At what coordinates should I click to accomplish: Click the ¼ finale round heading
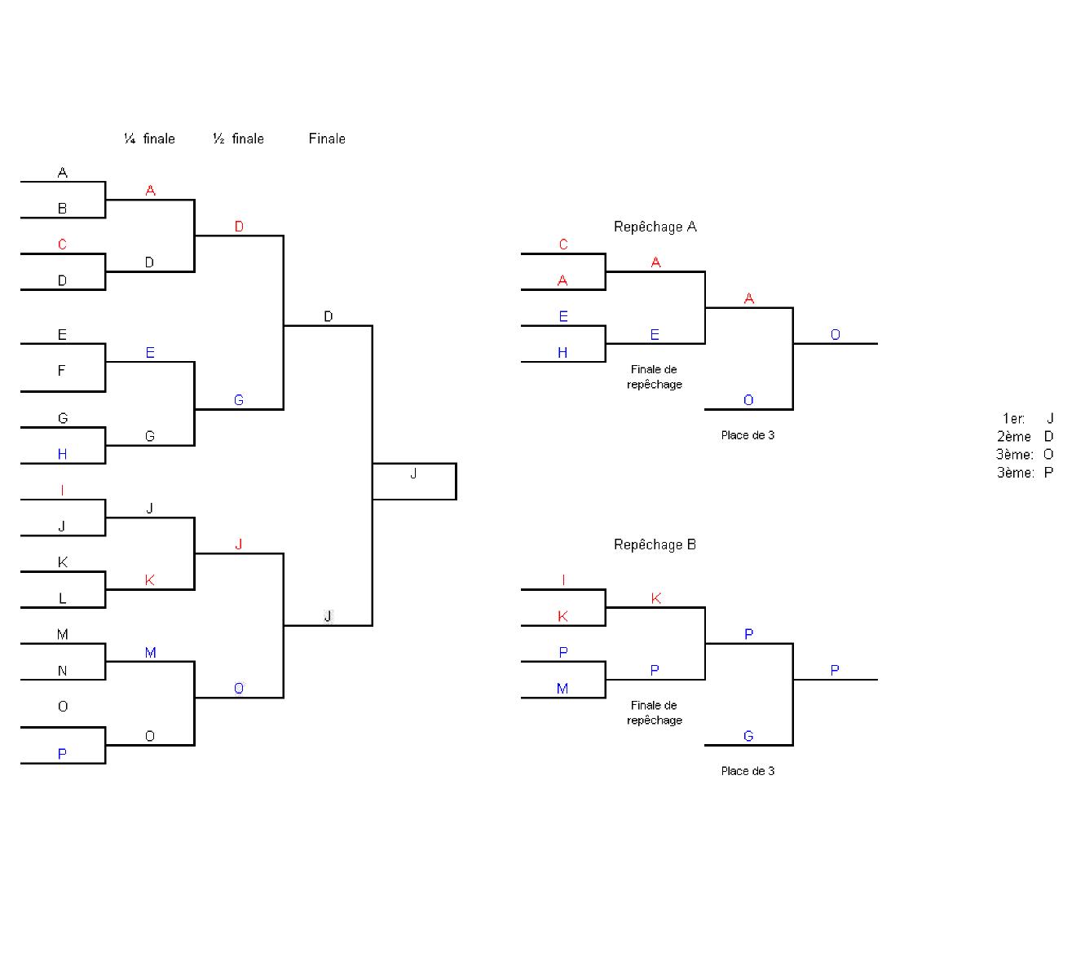149,139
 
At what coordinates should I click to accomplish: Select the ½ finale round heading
238,139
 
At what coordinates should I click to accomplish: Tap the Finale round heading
327,139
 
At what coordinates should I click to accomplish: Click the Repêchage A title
655,227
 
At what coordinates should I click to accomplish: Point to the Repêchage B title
655,544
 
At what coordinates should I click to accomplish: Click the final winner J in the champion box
413,474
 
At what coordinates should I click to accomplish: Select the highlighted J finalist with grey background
328,616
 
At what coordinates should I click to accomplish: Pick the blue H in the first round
62,454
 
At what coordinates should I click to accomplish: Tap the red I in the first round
62,490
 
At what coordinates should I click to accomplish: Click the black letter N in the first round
62,671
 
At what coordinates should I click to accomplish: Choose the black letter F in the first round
62,371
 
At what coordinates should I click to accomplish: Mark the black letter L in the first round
62,598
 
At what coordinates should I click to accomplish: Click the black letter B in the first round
62,209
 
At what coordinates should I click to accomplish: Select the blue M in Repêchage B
562,689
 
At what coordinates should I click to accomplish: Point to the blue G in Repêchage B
748,736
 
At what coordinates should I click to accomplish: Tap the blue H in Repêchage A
562,353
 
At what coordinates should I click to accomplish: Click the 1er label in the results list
1013,419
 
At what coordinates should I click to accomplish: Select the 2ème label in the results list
1013,437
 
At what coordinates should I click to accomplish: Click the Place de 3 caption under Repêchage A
748,435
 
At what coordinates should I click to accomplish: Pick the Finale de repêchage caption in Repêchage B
654,712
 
